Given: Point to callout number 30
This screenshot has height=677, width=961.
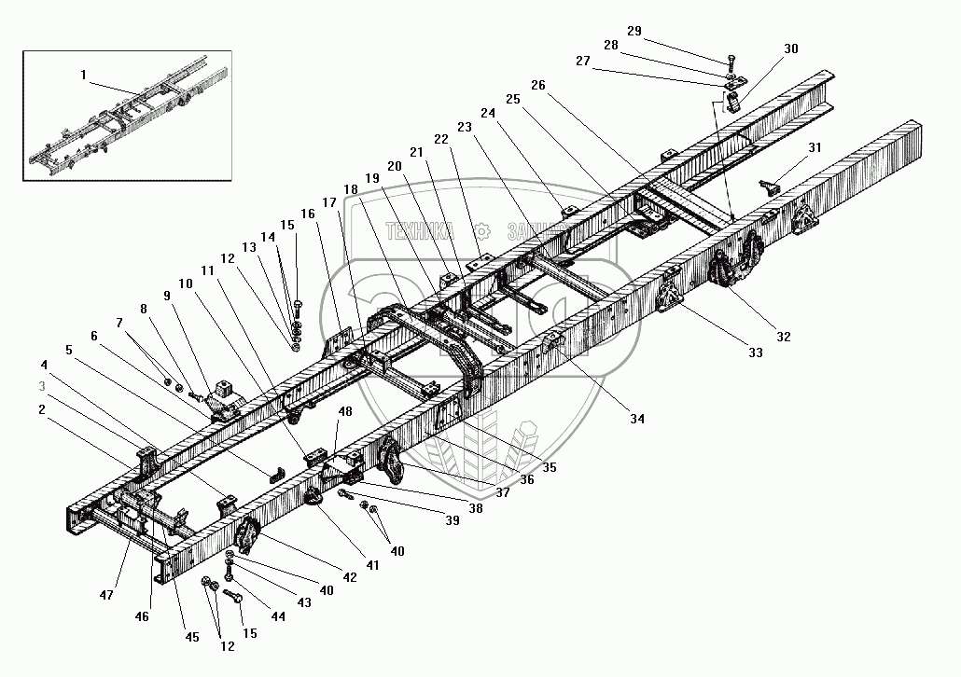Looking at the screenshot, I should [792, 48].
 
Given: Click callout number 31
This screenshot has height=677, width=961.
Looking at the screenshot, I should [815, 146].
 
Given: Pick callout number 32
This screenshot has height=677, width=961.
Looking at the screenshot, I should [783, 337].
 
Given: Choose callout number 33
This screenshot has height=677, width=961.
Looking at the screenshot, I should [754, 352].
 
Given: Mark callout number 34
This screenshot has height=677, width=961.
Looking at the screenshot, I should [636, 419].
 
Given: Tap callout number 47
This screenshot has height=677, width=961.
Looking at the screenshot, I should [108, 593].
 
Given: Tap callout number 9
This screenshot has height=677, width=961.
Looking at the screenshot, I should [167, 295].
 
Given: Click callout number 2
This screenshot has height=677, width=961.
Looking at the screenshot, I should [41, 408].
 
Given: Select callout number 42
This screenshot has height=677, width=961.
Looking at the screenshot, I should [351, 577].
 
